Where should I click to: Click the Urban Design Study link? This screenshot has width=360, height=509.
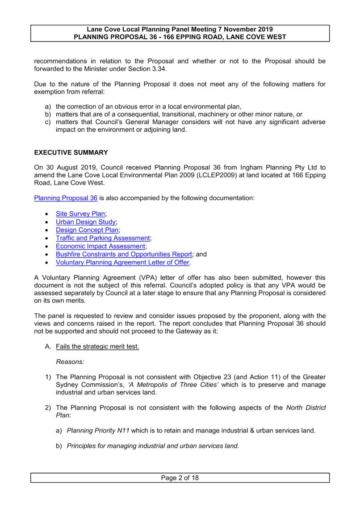86,222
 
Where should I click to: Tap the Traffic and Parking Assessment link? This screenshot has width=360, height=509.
103,238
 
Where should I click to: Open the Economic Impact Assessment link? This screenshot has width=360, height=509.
100,246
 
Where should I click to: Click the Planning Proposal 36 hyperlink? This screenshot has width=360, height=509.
66,198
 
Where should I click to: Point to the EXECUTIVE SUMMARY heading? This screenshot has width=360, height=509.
71,152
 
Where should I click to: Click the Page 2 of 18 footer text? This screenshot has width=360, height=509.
180,478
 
